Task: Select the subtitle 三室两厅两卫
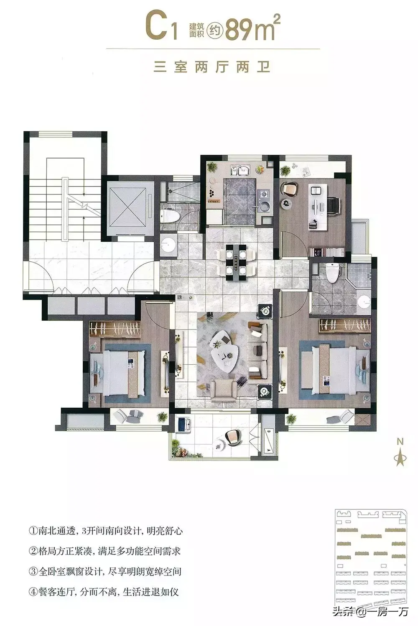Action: point(212,68)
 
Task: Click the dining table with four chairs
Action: point(237,263)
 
